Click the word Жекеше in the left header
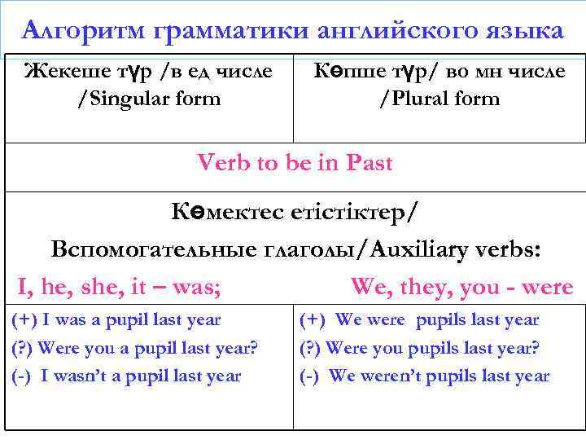click(x=62, y=71)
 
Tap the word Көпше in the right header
click(x=347, y=71)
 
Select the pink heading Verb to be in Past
click(x=295, y=163)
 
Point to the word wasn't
click(x=82, y=376)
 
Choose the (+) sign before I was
click(x=24, y=320)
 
